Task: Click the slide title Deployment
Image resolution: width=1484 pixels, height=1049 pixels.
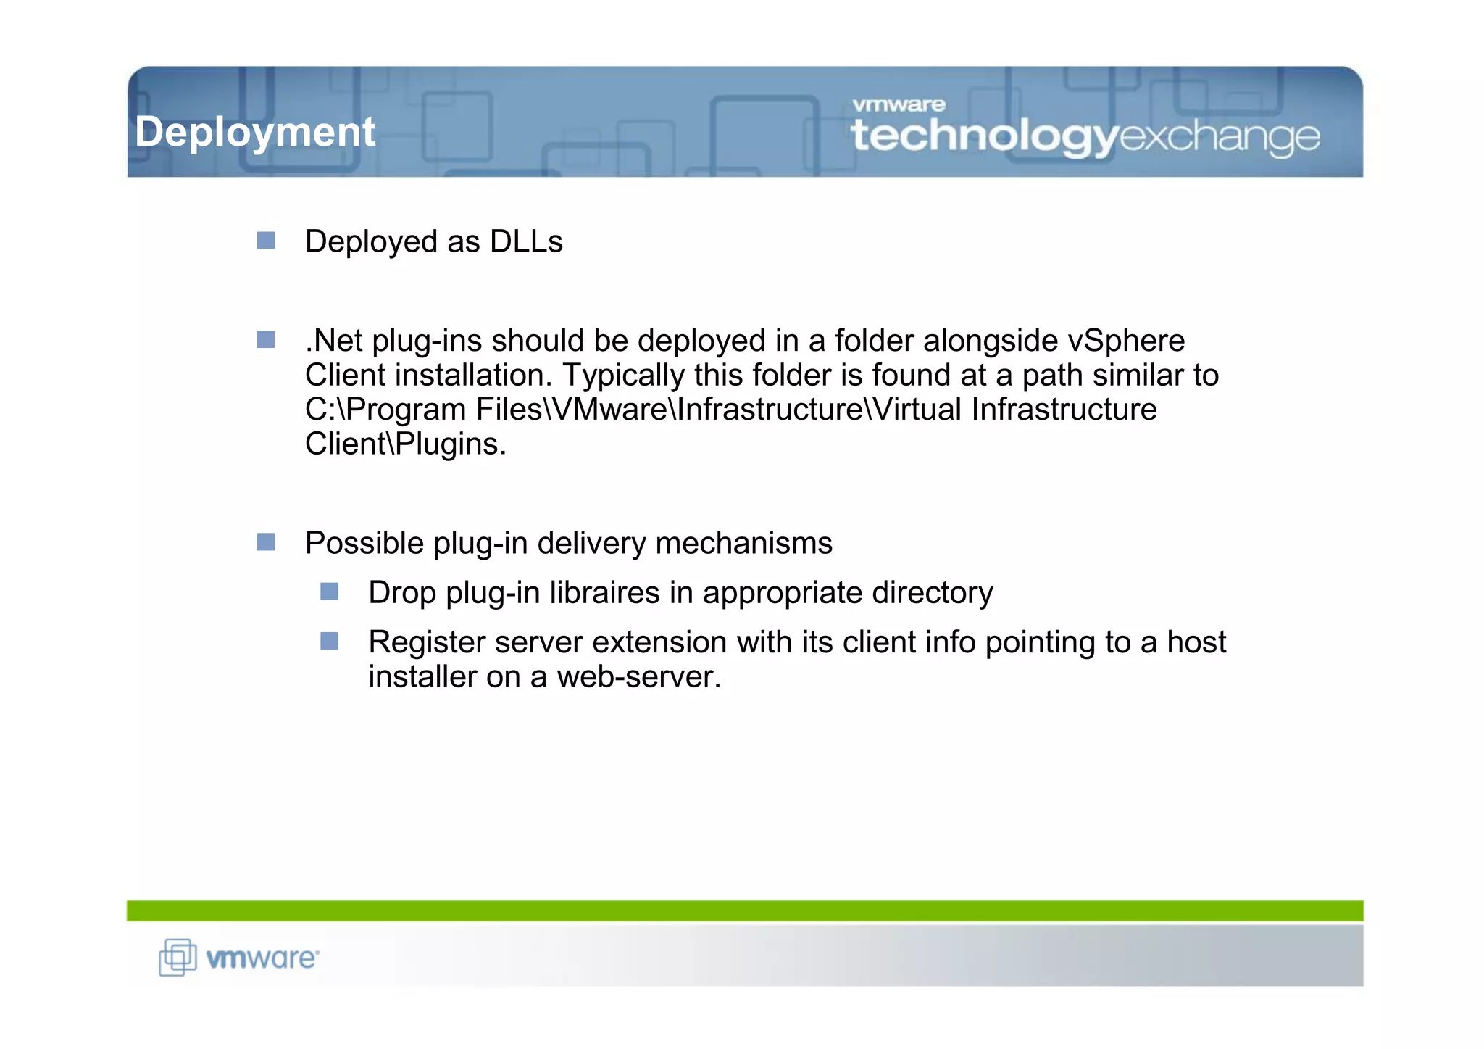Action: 255,133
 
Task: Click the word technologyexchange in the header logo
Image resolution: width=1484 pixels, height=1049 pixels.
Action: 1085,136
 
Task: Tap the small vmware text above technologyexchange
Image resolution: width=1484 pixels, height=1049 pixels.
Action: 899,105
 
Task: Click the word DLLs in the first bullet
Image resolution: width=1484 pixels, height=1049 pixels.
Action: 526,242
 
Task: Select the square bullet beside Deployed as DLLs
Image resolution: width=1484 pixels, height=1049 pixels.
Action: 266,241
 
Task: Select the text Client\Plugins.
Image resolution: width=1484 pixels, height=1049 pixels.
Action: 405,444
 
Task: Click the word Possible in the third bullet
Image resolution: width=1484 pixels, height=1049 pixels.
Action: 364,544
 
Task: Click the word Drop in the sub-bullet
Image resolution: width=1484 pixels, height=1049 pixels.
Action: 401,593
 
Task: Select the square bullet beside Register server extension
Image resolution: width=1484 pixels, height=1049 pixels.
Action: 330,641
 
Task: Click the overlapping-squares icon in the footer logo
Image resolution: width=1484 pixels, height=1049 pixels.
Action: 178,957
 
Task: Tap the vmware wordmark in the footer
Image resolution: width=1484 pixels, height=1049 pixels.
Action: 262,958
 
